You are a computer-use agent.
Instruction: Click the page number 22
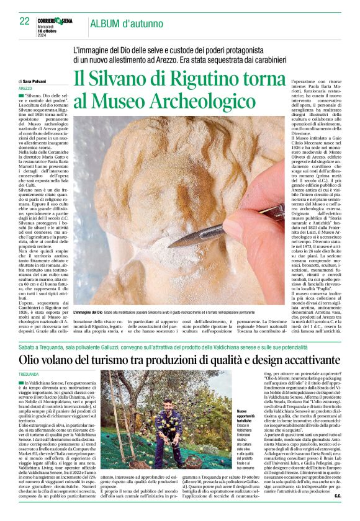click(25, 20)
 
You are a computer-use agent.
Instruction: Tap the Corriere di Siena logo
click(55, 20)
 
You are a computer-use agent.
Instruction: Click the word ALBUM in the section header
click(107, 23)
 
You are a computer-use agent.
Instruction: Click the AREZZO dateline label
click(26, 89)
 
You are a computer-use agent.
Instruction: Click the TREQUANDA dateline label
click(29, 375)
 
